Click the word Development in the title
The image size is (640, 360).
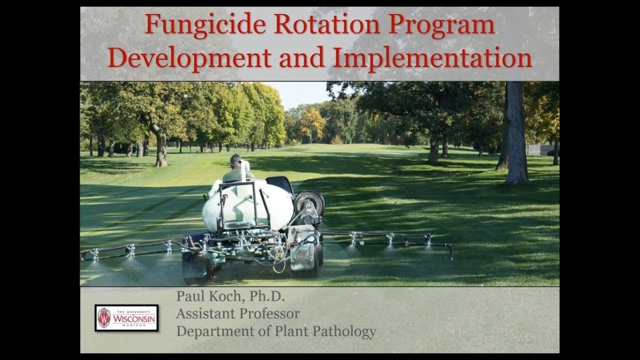point(189,58)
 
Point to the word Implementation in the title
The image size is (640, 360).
point(432,58)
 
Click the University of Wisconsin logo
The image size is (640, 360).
point(126,318)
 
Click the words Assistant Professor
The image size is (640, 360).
point(238,314)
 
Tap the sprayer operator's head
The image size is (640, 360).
point(235,160)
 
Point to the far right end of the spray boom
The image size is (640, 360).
point(450,250)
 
